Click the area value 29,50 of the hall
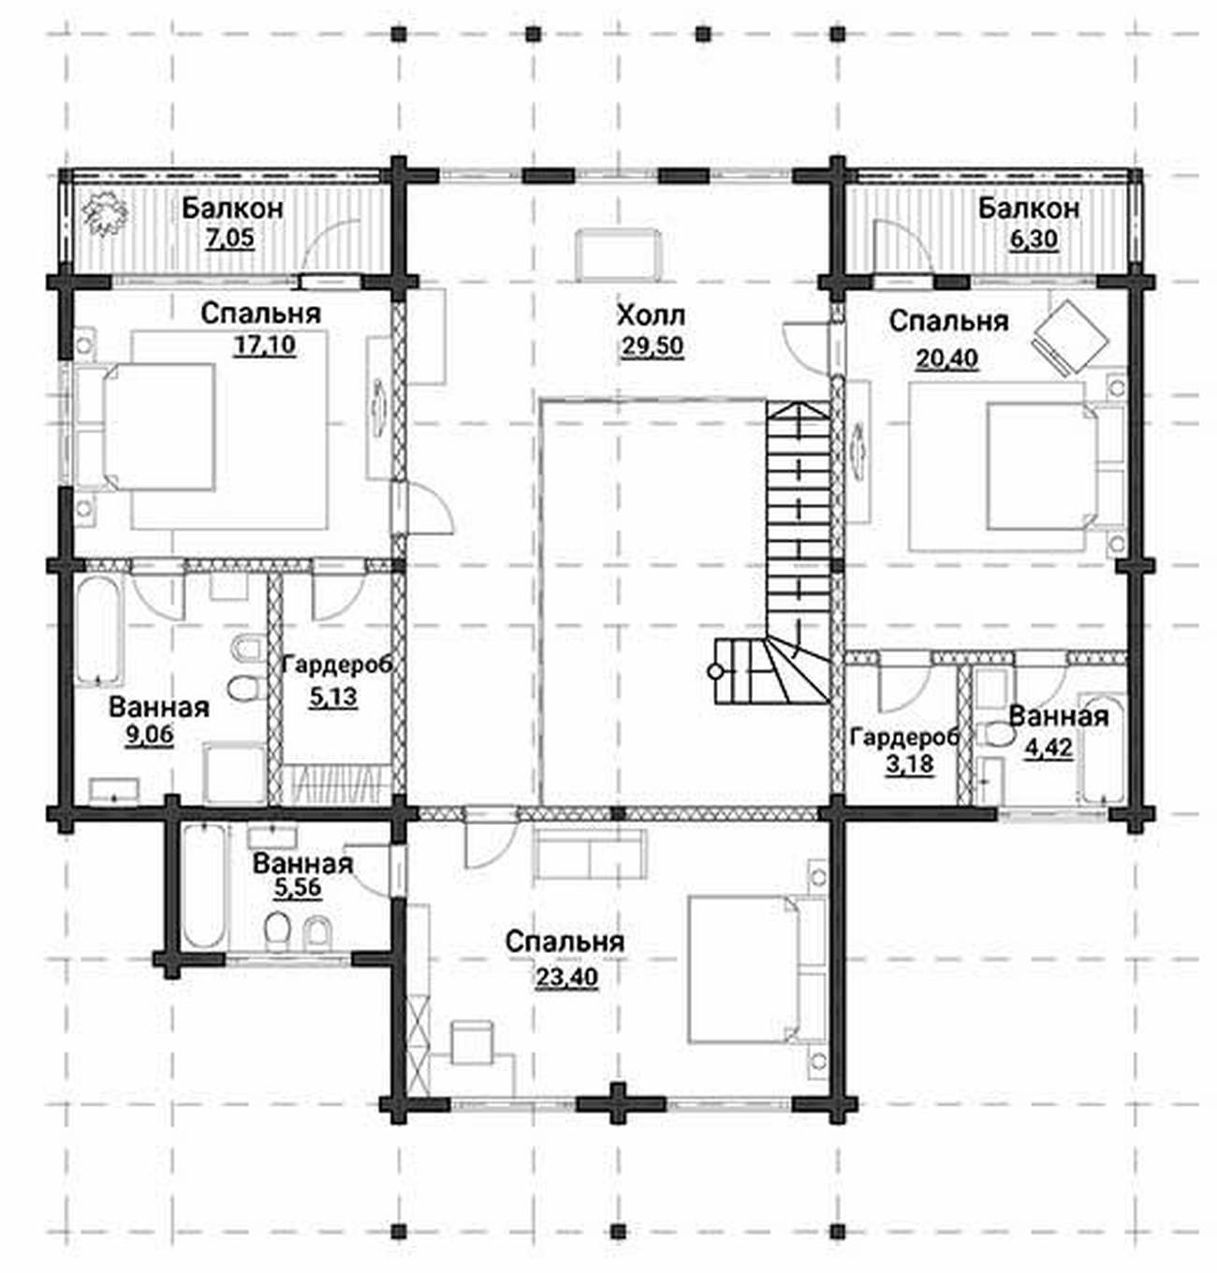(x=652, y=346)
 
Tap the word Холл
(x=651, y=316)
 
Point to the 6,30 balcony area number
(x=1034, y=240)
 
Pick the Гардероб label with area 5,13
(x=338, y=666)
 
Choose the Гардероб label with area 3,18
(x=905, y=738)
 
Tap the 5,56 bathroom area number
(x=297, y=888)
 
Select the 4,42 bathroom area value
(x=1048, y=747)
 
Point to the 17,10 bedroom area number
(x=264, y=344)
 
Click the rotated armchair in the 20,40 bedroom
(x=1070, y=337)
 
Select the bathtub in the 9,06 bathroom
(x=99, y=631)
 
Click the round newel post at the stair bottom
(x=715, y=671)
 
